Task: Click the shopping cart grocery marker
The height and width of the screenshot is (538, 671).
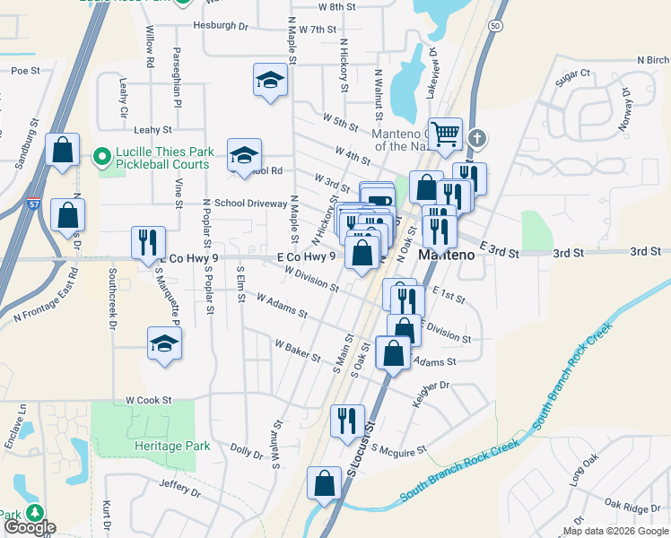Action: [445, 135]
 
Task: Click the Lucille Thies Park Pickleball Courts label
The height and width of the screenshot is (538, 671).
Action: [162, 159]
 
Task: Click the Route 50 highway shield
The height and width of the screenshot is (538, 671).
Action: [495, 26]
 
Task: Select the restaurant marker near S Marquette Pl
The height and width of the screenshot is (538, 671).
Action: [148, 242]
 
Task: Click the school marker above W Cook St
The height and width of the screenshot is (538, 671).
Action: [163, 344]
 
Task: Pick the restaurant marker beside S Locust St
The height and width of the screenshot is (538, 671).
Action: [347, 421]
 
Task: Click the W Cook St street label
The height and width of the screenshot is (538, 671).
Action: [148, 400]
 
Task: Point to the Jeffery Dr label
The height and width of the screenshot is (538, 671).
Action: [179, 488]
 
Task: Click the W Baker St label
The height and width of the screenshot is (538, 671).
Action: [298, 350]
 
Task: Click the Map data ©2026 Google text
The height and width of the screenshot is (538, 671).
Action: [614, 531]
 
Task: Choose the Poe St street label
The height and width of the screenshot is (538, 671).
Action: [26, 70]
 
